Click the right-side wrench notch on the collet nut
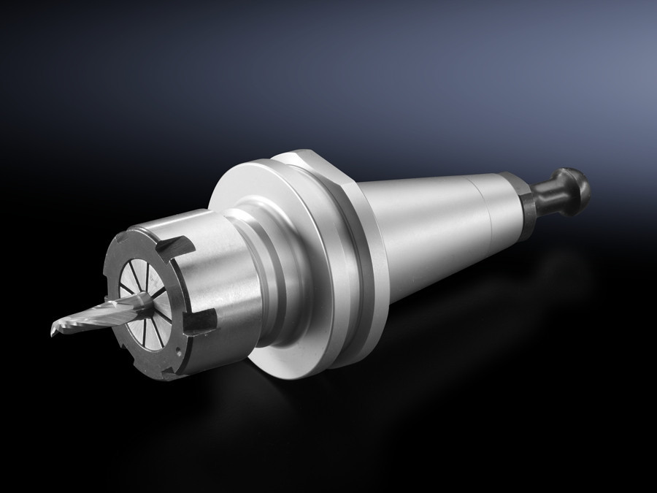(x=204, y=321)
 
